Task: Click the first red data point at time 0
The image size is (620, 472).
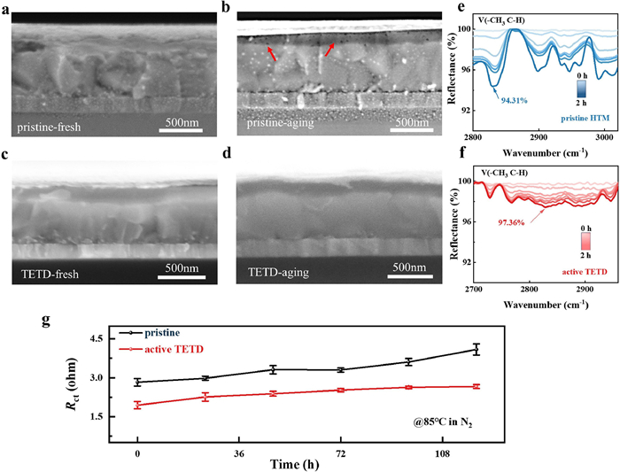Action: (x=137, y=405)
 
